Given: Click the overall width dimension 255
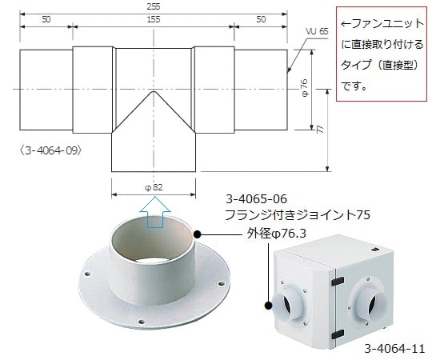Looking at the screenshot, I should pyautogui.click(x=152, y=7).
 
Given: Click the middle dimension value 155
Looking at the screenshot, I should pyautogui.click(x=152, y=20).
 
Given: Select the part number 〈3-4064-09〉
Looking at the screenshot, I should pyautogui.click(x=54, y=149).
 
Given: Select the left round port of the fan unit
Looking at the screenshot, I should pyautogui.click(x=287, y=305).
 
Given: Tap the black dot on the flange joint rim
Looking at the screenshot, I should pyautogui.click(x=197, y=235).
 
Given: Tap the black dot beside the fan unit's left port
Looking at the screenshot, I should pyautogui.click(x=269, y=304).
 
